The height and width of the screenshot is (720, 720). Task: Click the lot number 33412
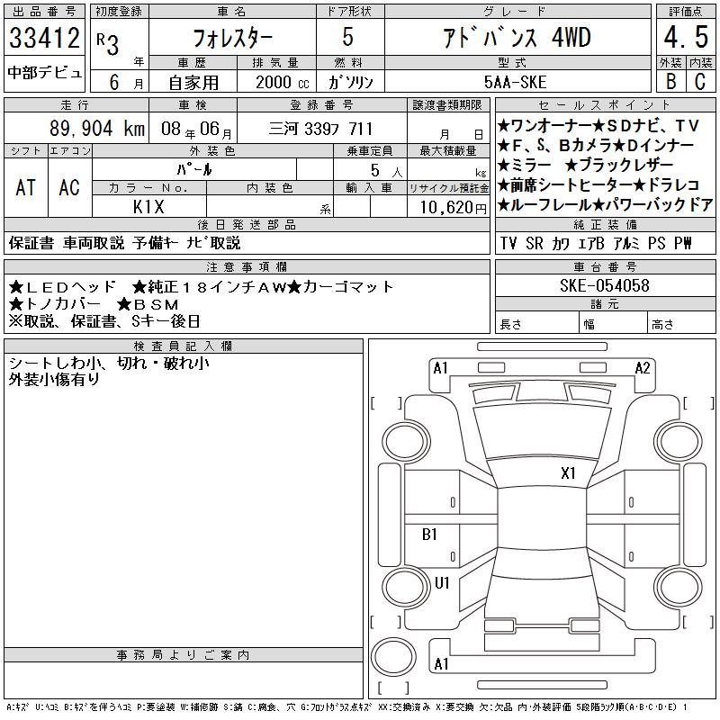[x=44, y=37]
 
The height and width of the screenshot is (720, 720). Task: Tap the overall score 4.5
[x=686, y=37]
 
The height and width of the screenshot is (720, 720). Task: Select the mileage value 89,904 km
[x=97, y=129]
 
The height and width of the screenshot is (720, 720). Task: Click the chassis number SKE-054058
[x=604, y=285]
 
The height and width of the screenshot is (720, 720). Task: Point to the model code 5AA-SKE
[x=515, y=82]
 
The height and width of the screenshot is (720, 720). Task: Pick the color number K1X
[x=148, y=207]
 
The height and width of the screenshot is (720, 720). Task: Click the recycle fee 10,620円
[x=453, y=208]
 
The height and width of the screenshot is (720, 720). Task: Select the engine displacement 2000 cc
[x=282, y=82]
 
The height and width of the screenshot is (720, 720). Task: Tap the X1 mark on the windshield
[x=568, y=472]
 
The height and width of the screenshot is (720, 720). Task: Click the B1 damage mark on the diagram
[x=429, y=534]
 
